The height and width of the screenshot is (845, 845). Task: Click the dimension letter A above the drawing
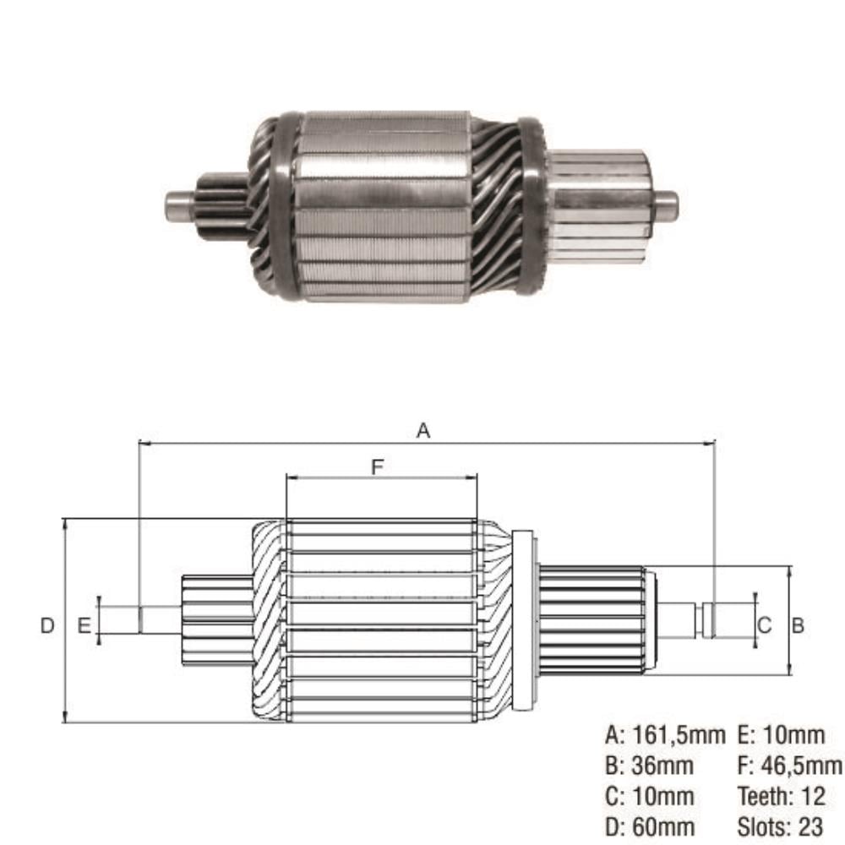pyautogui.click(x=423, y=431)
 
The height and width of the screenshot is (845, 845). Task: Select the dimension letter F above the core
pyautogui.click(x=377, y=466)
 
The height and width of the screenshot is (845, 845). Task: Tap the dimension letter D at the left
pyautogui.click(x=47, y=625)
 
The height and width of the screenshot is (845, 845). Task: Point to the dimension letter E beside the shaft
pyautogui.click(x=84, y=625)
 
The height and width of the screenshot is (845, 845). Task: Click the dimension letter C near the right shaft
pyautogui.click(x=765, y=625)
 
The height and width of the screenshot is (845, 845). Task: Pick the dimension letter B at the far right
pyautogui.click(x=798, y=625)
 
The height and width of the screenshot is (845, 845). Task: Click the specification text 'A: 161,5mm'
pyautogui.click(x=665, y=735)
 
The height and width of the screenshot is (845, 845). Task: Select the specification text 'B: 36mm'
pyautogui.click(x=649, y=766)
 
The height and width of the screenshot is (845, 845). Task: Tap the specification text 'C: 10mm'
pyautogui.click(x=649, y=797)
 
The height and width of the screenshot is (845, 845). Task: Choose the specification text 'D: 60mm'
pyautogui.click(x=649, y=826)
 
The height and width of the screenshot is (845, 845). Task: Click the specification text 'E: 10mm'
pyautogui.click(x=781, y=735)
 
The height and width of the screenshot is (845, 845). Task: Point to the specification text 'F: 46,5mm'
pyautogui.click(x=789, y=766)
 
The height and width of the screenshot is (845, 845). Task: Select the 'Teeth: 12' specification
pyautogui.click(x=781, y=797)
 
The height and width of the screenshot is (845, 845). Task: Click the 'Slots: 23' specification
pyautogui.click(x=780, y=826)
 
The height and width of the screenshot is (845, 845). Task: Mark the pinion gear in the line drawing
pyautogui.click(x=216, y=619)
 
